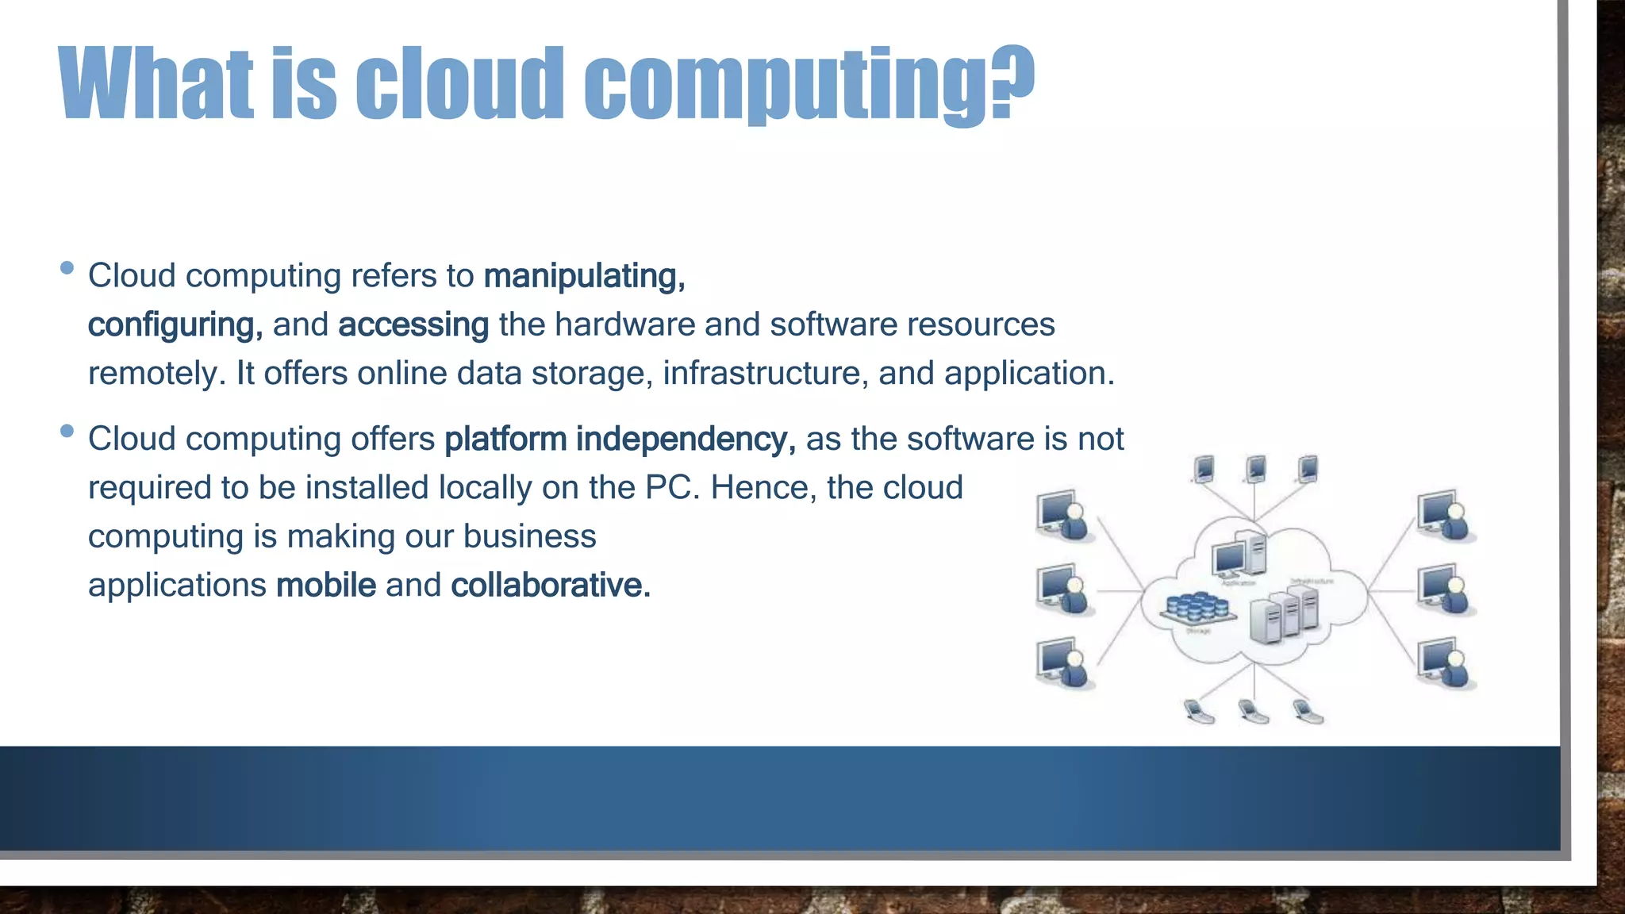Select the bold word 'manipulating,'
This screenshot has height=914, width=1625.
[585, 276]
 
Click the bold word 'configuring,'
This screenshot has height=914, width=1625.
[175, 325]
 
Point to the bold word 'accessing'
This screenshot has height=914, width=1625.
[413, 325]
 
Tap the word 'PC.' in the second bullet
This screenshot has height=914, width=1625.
[673, 488]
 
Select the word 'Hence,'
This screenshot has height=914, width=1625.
[763, 488]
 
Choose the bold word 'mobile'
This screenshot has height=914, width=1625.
[326, 586]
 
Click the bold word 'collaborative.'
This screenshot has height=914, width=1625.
[551, 586]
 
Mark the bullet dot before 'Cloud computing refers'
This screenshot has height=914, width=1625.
[67, 268]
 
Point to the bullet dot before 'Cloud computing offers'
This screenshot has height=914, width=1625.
[67, 431]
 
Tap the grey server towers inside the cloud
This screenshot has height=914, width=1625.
[1283, 615]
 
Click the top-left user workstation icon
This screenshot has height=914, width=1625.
[1064, 514]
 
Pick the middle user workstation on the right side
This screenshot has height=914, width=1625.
[1446, 589]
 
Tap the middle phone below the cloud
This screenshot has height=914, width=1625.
[1254, 711]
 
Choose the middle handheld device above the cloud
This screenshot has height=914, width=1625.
[1255, 469]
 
